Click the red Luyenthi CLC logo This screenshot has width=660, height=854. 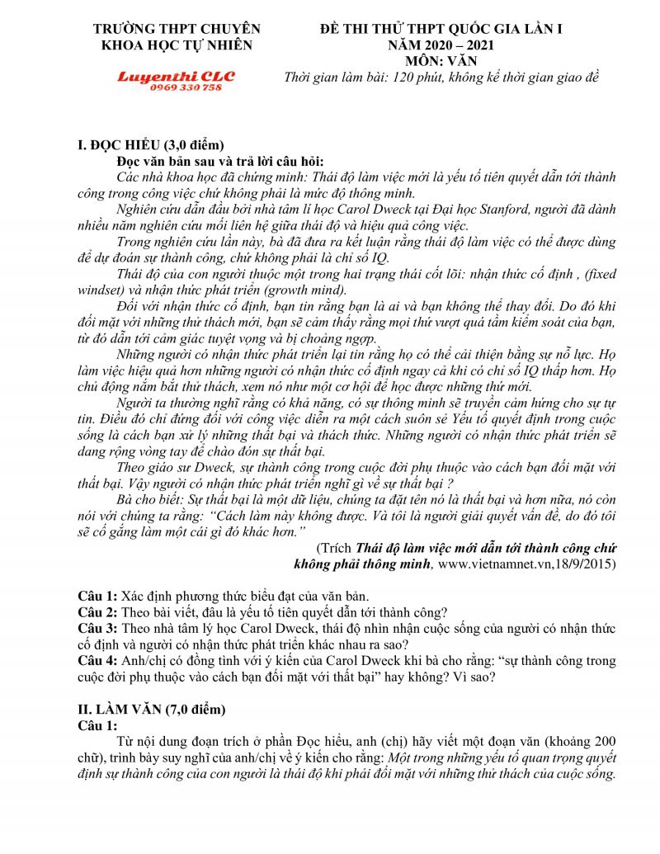[176, 77]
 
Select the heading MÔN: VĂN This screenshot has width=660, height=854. [441, 61]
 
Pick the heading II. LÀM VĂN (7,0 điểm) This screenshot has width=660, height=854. [152, 709]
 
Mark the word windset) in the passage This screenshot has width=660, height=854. [103, 290]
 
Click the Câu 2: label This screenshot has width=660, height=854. [98, 611]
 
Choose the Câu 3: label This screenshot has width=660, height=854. [98, 628]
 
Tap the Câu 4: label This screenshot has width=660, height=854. [98, 661]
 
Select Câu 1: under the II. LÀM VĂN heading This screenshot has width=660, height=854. [98, 725]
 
